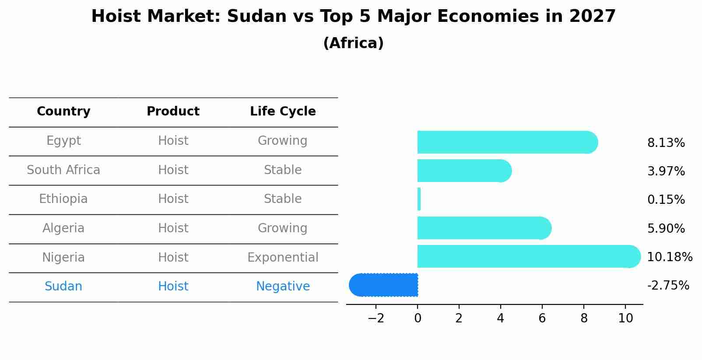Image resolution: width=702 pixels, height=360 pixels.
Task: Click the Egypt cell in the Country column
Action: tap(63, 141)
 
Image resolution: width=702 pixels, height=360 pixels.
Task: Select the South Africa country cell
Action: tap(63, 170)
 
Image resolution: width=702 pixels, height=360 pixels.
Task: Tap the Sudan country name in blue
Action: tap(63, 287)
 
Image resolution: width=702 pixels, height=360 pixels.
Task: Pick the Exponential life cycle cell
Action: tap(283, 258)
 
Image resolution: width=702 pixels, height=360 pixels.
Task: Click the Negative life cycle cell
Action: tap(283, 287)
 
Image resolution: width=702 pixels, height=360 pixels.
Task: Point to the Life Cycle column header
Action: tap(283, 112)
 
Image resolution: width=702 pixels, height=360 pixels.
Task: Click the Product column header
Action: tap(173, 112)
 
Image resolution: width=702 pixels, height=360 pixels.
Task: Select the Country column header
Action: tap(63, 112)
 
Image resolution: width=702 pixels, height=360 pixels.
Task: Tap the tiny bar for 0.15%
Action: tap(419, 199)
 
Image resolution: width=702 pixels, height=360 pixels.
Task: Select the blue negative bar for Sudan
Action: tap(384, 285)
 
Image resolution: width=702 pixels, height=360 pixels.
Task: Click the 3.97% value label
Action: tap(666, 171)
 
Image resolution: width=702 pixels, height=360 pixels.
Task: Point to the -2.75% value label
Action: tap(668, 286)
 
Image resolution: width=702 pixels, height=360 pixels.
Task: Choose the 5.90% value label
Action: tap(666, 229)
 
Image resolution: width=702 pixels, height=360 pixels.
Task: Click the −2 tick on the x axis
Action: tap(376, 318)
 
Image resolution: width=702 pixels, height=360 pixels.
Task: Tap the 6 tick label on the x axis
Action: tap(542, 318)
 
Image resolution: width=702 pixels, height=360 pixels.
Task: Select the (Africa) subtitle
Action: tap(353, 43)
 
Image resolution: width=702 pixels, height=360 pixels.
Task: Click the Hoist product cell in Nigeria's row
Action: tap(173, 258)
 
